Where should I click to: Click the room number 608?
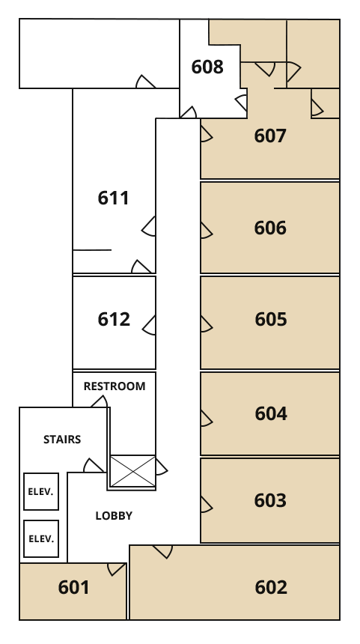coord(207,67)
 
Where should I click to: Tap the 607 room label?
coord(270,136)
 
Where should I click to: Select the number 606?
coord(270,228)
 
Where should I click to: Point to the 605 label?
coord(270,319)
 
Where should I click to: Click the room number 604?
coord(270,413)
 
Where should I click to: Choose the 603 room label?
coord(270,500)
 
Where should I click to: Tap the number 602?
coord(270,587)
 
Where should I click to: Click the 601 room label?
coord(73,587)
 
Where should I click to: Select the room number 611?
coord(113,198)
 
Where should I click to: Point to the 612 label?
coord(114,319)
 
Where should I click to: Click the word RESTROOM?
coord(115,386)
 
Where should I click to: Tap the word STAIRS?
coord(62,440)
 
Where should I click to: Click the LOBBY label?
coord(114,516)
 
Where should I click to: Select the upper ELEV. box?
coord(41,492)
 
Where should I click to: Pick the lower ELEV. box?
coord(41,539)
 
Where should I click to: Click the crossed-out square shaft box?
coord(132,472)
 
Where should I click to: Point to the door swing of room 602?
coord(163,550)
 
